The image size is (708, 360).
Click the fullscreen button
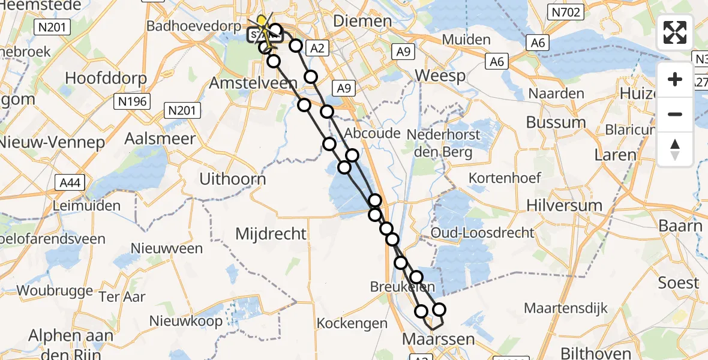pos(675,32)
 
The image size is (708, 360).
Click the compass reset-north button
pos(675,149)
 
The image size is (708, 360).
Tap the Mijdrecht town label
pos(271,233)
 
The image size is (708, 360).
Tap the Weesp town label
pos(440,76)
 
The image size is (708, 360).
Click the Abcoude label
pos(373,133)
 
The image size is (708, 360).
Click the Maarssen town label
pos(438,340)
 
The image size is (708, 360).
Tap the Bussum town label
pos(556,122)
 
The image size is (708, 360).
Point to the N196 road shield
pos(132,101)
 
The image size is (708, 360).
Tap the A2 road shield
pos(318,49)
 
